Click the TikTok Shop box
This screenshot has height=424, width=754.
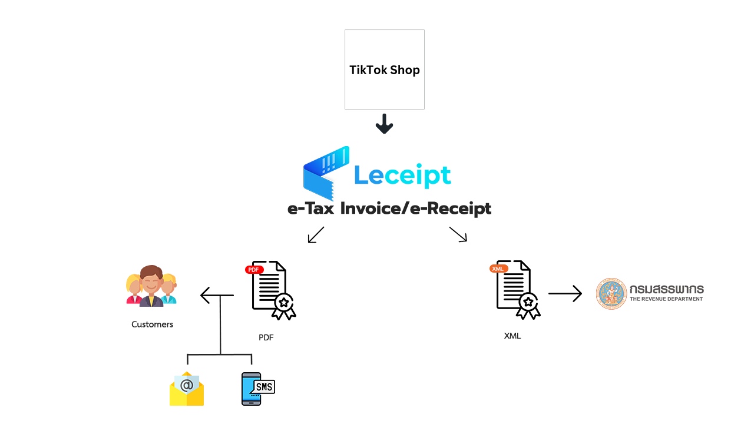click(x=384, y=88)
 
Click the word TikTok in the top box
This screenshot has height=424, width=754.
click(x=368, y=70)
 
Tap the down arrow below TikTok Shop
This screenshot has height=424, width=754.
click(x=384, y=124)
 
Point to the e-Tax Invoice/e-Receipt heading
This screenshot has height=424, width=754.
click(x=389, y=209)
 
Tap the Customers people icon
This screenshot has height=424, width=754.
click(x=151, y=286)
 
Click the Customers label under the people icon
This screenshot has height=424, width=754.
click(x=153, y=324)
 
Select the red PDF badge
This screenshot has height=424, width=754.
click(x=254, y=270)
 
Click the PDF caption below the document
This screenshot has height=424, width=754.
click(x=266, y=337)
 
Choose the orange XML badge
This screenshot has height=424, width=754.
click(x=498, y=269)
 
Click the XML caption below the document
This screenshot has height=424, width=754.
click(x=512, y=336)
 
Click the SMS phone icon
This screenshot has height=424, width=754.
click(x=252, y=389)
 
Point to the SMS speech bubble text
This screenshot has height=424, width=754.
click(x=264, y=387)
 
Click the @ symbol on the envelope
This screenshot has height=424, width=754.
click(x=187, y=386)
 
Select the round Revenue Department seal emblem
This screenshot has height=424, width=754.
click(x=612, y=294)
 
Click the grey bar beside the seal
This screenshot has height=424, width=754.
click(x=666, y=294)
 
